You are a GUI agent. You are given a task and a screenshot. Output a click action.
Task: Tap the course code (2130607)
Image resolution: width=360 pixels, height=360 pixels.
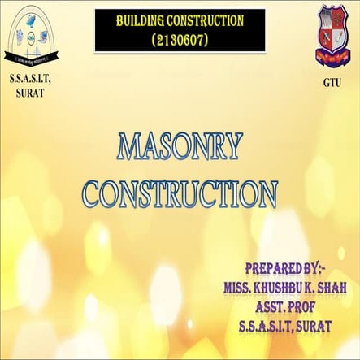[x=180, y=38]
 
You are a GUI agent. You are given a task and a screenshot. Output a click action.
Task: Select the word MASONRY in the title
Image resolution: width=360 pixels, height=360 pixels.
[x=180, y=148]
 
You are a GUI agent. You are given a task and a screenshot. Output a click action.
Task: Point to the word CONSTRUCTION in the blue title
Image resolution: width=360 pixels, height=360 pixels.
[x=180, y=193]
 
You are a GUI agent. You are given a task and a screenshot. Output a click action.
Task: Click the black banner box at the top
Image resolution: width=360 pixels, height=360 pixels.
[x=180, y=28]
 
